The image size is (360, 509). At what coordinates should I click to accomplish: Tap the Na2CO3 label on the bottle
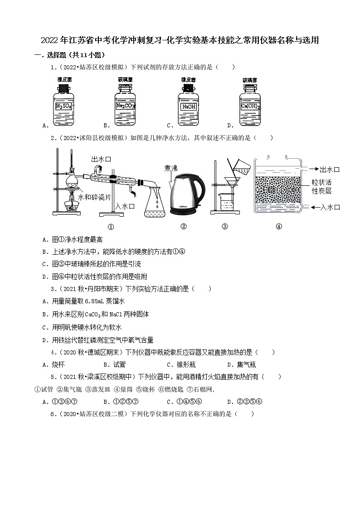click(125, 107)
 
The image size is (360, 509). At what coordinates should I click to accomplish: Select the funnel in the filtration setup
click(234, 185)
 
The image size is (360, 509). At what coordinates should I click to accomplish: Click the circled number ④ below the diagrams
click(279, 227)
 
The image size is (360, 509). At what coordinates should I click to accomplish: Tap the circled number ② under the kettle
click(184, 227)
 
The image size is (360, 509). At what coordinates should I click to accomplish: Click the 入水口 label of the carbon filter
click(330, 207)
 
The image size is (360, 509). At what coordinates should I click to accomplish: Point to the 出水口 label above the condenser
click(101, 159)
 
